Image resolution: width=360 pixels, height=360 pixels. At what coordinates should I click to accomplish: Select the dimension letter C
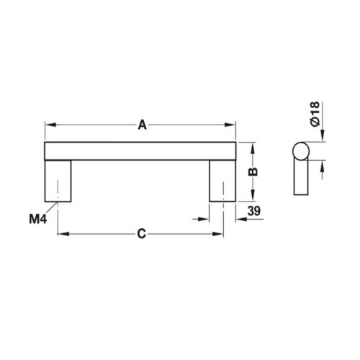[141, 234]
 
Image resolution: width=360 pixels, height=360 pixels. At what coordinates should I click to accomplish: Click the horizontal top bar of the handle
[141, 150]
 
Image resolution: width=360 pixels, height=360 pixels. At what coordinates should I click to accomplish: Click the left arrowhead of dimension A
[50, 125]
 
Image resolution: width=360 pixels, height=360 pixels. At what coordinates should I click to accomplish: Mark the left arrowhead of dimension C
[62, 234]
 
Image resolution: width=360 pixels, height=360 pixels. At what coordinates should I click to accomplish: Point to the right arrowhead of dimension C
[218, 234]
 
